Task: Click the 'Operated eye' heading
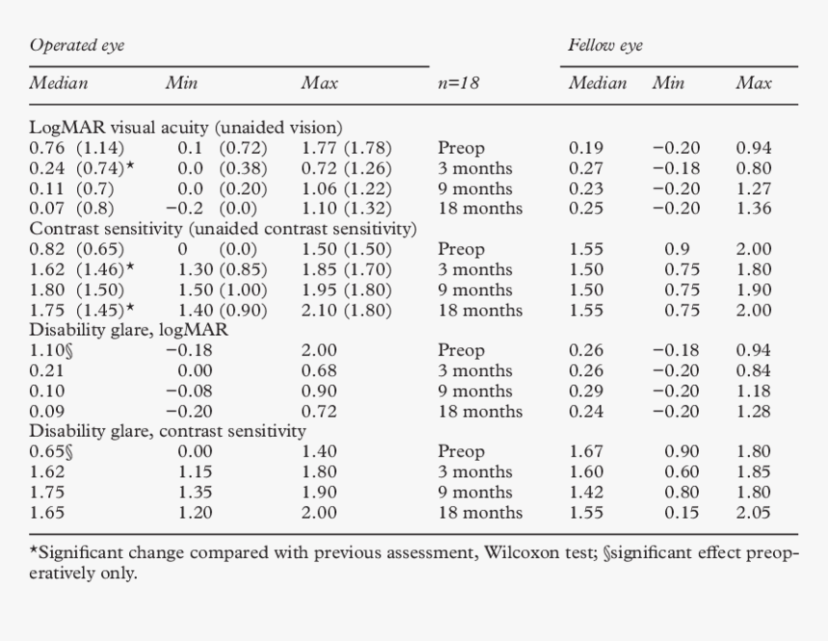(x=77, y=45)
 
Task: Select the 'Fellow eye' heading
(x=605, y=45)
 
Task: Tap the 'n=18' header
(x=458, y=83)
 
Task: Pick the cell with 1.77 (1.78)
(x=347, y=148)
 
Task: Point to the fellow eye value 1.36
(x=753, y=209)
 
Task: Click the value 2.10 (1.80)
(x=347, y=310)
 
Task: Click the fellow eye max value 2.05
(x=753, y=512)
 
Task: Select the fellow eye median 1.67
(x=586, y=451)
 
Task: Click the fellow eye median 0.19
(x=586, y=148)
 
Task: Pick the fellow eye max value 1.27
(x=753, y=189)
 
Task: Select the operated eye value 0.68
(x=320, y=371)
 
